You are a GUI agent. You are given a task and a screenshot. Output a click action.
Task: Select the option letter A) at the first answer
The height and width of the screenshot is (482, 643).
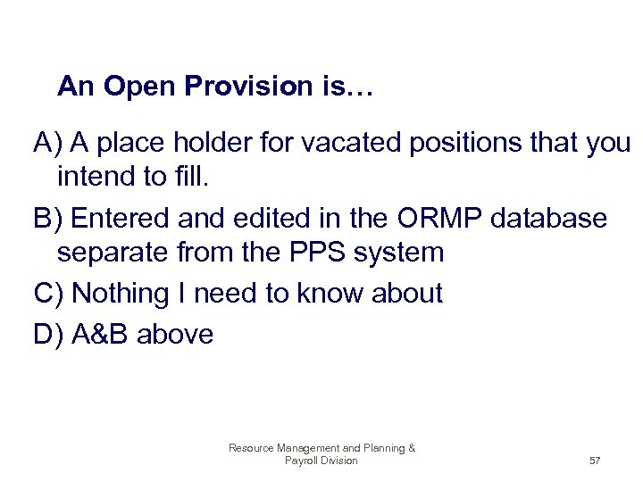pyautogui.click(x=47, y=142)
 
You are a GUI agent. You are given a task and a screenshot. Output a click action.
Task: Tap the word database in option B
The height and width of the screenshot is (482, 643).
pyautogui.click(x=552, y=217)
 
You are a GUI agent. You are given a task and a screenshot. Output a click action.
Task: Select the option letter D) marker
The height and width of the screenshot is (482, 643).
pyautogui.click(x=48, y=334)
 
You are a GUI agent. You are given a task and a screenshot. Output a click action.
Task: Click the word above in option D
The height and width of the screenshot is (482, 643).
pyautogui.click(x=175, y=334)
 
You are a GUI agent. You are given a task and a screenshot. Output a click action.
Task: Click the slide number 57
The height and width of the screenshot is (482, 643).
pyautogui.click(x=595, y=461)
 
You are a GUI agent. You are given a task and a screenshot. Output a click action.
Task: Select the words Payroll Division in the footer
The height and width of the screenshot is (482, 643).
pyautogui.click(x=321, y=461)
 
